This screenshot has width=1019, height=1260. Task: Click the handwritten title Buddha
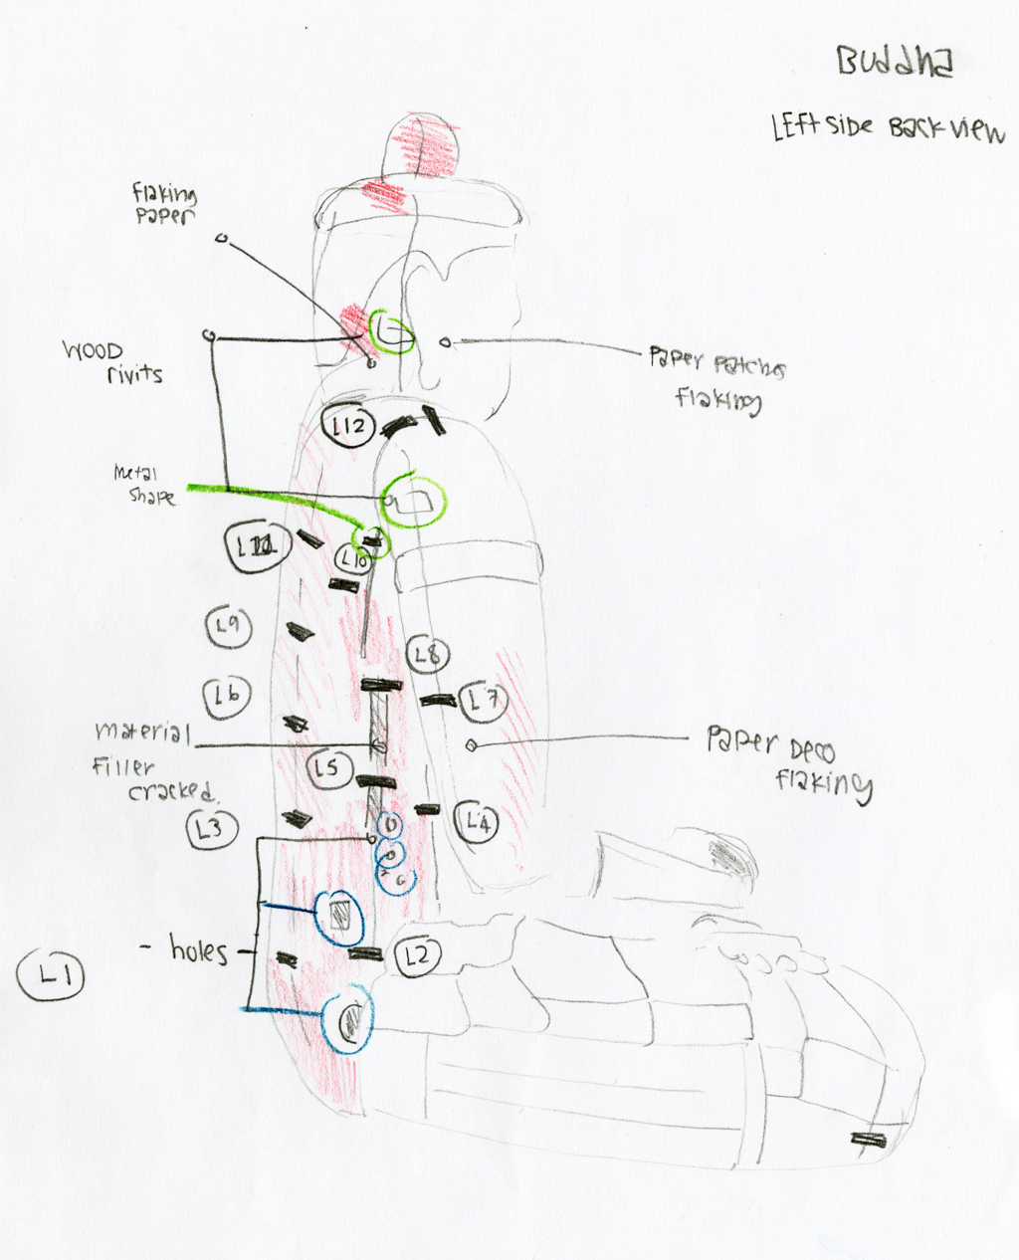pyautogui.click(x=895, y=62)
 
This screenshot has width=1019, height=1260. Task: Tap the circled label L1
pyautogui.click(x=51, y=974)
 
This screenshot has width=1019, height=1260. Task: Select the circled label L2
pyautogui.click(x=417, y=956)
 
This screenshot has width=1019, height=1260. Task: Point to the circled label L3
pyautogui.click(x=210, y=827)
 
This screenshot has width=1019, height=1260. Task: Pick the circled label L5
pyautogui.click(x=327, y=768)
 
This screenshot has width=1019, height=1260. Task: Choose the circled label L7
pyautogui.click(x=484, y=701)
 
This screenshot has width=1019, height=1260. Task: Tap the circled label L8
pyautogui.click(x=427, y=655)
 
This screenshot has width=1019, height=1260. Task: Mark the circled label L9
pyautogui.click(x=228, y=626)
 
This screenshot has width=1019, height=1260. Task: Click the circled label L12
pyautogui.click(x=348, y=427)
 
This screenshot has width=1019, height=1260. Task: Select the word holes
pyautogui.click(x=198, y=950)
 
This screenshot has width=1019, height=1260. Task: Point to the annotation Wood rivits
pyautogui.click(x=112, y=362)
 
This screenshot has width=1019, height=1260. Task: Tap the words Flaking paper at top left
pyautogui.click(x=164, y=203)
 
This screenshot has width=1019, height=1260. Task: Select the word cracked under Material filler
pyautogui.click(x=170, y=791)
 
